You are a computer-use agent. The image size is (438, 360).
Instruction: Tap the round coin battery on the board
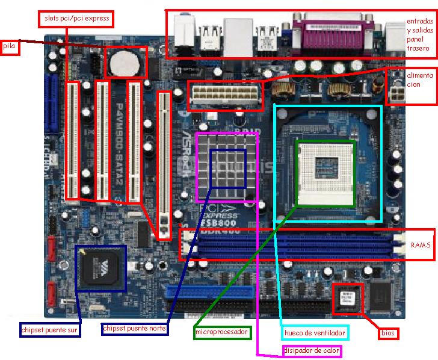point(125,61)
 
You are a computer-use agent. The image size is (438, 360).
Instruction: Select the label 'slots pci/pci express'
point(76,19)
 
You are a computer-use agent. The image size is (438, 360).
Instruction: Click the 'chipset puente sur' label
point(50,330)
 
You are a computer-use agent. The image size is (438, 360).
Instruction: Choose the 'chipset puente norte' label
point(135,329)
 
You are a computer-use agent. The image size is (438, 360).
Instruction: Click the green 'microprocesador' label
point(222,332)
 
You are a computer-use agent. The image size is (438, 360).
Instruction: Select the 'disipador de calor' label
point(312,350)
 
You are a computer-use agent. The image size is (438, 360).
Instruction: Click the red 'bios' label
point(388,332)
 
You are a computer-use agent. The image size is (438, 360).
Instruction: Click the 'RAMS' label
point(421,246)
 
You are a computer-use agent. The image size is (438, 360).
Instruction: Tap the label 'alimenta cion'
point(420,80)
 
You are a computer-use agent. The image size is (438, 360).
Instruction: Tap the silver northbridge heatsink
point(227,167)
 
